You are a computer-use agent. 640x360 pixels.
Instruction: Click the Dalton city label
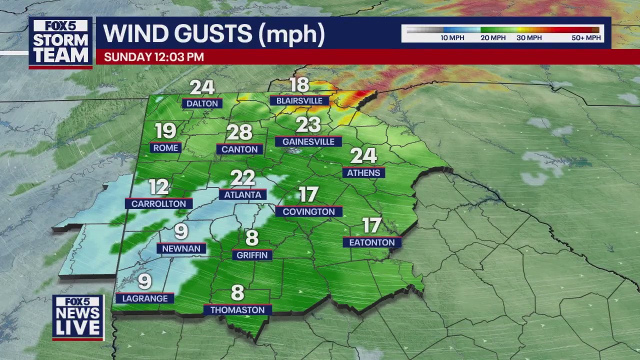(x=202, y=103)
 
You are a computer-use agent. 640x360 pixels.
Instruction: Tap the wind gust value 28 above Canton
(x=239, y=132)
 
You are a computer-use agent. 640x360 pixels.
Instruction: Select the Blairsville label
(x=299, y=100)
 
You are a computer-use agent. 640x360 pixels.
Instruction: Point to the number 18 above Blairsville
(x=299, y=85)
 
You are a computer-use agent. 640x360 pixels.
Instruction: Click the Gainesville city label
(x=308, y=142)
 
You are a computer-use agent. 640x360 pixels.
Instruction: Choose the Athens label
(x=363, y=173)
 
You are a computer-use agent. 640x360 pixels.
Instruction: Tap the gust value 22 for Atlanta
(x=242, y=178)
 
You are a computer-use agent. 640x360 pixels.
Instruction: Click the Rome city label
(x=165, y=148)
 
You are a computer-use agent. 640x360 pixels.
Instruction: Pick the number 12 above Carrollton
(x=159, y=187)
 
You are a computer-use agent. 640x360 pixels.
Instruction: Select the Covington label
(x=308, y=212)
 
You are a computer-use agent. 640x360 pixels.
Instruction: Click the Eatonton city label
(x=372, y=242)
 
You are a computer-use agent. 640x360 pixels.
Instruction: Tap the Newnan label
(x=181, y=248)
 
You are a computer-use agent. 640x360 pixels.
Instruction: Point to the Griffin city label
(x=252, y=255)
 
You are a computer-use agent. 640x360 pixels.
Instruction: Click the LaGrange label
(x=144, y=298)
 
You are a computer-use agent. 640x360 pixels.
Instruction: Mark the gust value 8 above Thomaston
(x=237, y=292)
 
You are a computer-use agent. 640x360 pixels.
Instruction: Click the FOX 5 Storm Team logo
(x=60, y=43)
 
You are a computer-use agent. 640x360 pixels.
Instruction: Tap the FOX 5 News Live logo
(x=78, y=317)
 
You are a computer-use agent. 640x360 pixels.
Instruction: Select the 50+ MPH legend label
(x=586, y=38)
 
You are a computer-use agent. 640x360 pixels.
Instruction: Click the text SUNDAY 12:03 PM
(x=154, y=57)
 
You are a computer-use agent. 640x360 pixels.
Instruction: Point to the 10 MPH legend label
(x=452, y=38)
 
